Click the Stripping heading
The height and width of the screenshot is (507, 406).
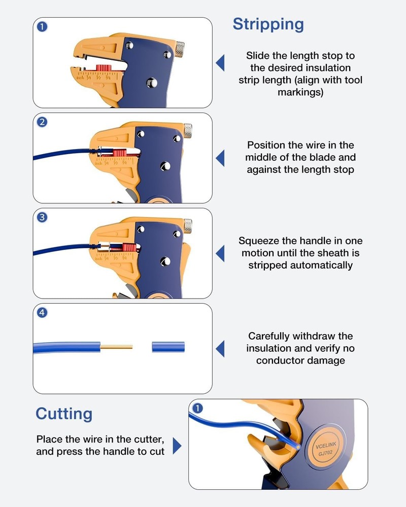click(x=268, y=24)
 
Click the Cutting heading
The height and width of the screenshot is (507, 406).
click(x=64, y=414)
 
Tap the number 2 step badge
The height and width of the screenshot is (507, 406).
click(x=43, y=122)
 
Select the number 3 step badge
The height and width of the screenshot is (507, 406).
click(x=43, y=218)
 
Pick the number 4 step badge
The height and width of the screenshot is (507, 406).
click(x=43, y=313)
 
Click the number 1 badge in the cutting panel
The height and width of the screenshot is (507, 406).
click(x=198, y=408)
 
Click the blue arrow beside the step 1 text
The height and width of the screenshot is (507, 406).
click(x=220, y=63)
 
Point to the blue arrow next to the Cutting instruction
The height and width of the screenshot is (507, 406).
click(x=177, y=446)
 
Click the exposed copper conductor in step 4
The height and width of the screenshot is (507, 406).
click(x=117, y=347)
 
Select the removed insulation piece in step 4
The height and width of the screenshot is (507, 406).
click(x=168, y=347)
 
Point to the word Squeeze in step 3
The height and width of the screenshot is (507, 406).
click(x=259, y=241)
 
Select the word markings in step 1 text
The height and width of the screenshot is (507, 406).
click(x=300, y=92)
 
